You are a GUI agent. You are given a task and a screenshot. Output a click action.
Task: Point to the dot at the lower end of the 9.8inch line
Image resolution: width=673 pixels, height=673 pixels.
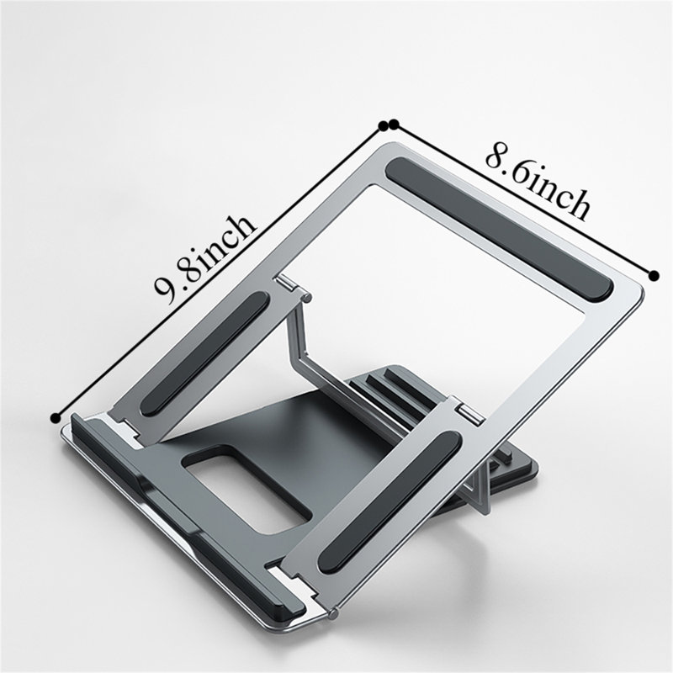tap(56, 417)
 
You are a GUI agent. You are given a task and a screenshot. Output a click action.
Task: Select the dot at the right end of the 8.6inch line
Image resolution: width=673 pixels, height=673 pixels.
tap(654, 276)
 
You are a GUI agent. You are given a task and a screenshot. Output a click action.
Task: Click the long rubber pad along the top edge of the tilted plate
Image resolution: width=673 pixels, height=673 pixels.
tap(499, 228)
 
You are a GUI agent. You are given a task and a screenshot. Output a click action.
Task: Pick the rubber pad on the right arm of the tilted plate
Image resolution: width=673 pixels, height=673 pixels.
tap(389, 502)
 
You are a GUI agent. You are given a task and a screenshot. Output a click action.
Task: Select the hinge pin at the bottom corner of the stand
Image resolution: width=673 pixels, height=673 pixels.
tap(333, 614)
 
